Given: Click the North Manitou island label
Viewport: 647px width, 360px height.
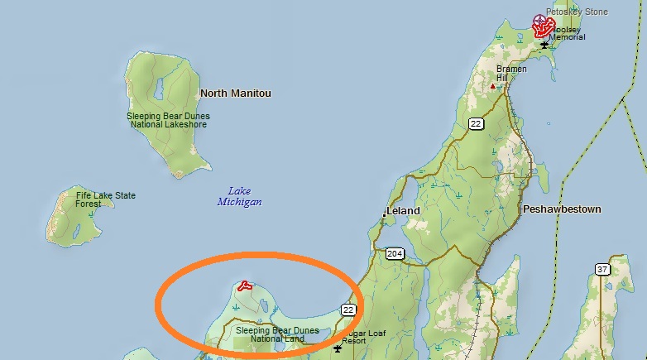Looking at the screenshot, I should tap(235, 94).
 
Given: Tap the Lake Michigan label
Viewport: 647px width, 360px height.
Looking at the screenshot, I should tap(239, 196).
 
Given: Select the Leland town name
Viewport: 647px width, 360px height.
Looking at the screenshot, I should tap(405, 211).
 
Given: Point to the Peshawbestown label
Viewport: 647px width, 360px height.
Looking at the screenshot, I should tap(562, 209).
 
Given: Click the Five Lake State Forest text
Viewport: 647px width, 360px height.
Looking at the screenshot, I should tap(105, 199).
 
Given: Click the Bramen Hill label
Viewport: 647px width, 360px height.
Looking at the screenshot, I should tap(512, 73).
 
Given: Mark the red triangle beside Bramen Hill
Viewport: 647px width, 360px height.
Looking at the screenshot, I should tap(494, 84).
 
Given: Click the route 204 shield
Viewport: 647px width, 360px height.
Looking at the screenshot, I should tap(394, 253).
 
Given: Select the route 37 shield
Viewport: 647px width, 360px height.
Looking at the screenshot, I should tap(601, 269).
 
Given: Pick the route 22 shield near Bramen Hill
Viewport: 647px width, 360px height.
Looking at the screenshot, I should tap(476, 124).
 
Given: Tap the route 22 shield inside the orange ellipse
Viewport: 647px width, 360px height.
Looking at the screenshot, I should tap(347, 310).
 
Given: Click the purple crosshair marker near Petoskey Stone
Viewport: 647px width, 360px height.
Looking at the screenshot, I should tap(541, 21).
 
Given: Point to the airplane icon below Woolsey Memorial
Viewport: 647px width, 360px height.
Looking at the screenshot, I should tap(544, 44).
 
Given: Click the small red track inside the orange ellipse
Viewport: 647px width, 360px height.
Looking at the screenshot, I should tap(244, 286).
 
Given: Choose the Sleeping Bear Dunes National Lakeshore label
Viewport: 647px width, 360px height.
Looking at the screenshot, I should tap(168, 120).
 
